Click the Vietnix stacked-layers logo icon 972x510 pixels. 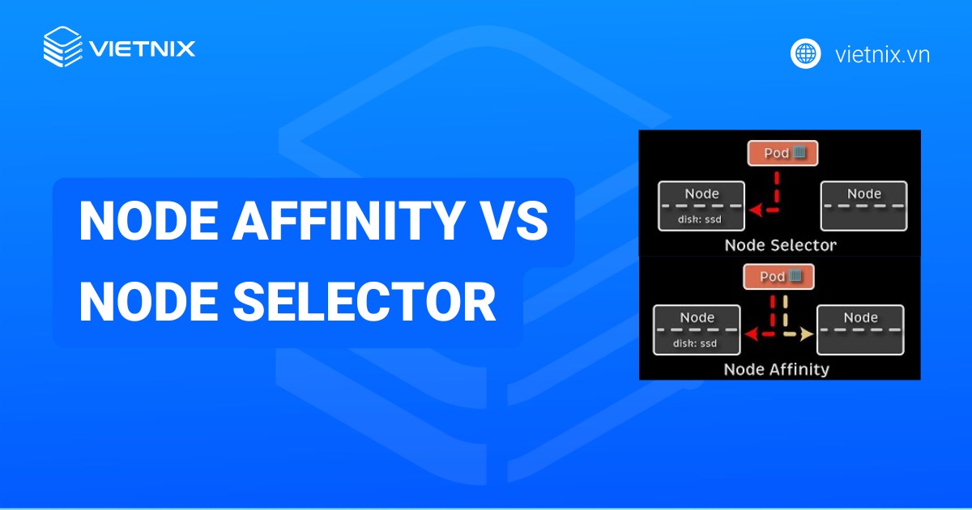click(x=63, y=47)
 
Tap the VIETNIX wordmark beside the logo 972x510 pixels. click(x=142, y=48)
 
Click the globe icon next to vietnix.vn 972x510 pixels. click(x=806, y=54)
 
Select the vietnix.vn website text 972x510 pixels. click(x=881, y=54)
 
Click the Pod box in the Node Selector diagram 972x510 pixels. click(x=782, y=154)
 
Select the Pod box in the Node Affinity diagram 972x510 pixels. click(x=778, y=277)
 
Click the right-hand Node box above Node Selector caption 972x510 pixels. click(x=863, y=206)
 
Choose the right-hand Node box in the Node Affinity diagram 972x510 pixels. click(x=860, y=329)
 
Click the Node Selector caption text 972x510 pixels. click(x=779, y=244)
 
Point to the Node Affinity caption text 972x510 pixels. click(x=776, y=369)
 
